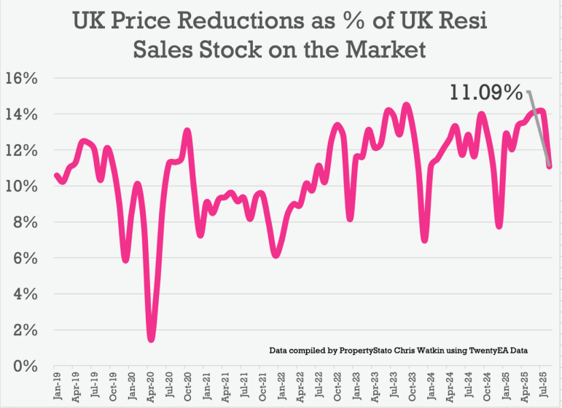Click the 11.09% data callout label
(x=485, y=93)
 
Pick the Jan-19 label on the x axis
(x=56, y=386)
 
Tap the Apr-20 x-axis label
(x=149, y=386)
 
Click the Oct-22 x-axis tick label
(x=337, y=386)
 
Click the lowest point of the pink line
(x=151, y=337)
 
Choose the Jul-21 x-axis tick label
(x=243, y=386)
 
